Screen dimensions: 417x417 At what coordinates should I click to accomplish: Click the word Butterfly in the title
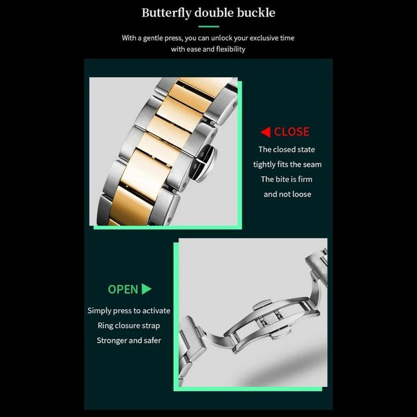pyautogui.click(x=166, y=13)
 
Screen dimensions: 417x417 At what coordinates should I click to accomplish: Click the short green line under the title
pyautogui.click(x=209, y=26)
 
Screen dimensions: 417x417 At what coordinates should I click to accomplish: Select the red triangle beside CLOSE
pyautogui.click(x=265, y=132)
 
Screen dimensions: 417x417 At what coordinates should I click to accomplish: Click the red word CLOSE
pyautogui.click(x=291, y=132)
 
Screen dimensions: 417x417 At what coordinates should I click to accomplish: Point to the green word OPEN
pyautogui.click(x=123, y=289)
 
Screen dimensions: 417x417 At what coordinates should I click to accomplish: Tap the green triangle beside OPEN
pyautogui.click(x=147, y=289)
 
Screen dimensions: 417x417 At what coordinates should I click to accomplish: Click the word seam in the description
pyautogui.click(x=312, y=165)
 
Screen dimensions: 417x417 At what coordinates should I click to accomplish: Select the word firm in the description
pyautogui.click(x=305, y=179)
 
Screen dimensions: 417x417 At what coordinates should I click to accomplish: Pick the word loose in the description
pyautogui.click(x=301, y=194)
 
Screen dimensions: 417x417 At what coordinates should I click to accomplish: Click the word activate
pyautogui.click(x=156, y=311)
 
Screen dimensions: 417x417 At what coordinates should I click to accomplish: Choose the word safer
pyautogui.click(x=152, y=340)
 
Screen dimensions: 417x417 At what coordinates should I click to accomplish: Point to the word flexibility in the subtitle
pyautogui.click(x=231, y=49)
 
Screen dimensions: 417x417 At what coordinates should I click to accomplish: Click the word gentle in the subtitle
pyautogui.click(x=153, y=38)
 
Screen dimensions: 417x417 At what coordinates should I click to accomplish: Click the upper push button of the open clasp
pyautogui.click(x=262, y=304)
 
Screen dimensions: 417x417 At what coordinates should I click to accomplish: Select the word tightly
pyautogui.click(x=264, y=165)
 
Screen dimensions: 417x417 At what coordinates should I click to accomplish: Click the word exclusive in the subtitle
pyautogui.click(x=266, y=38)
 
